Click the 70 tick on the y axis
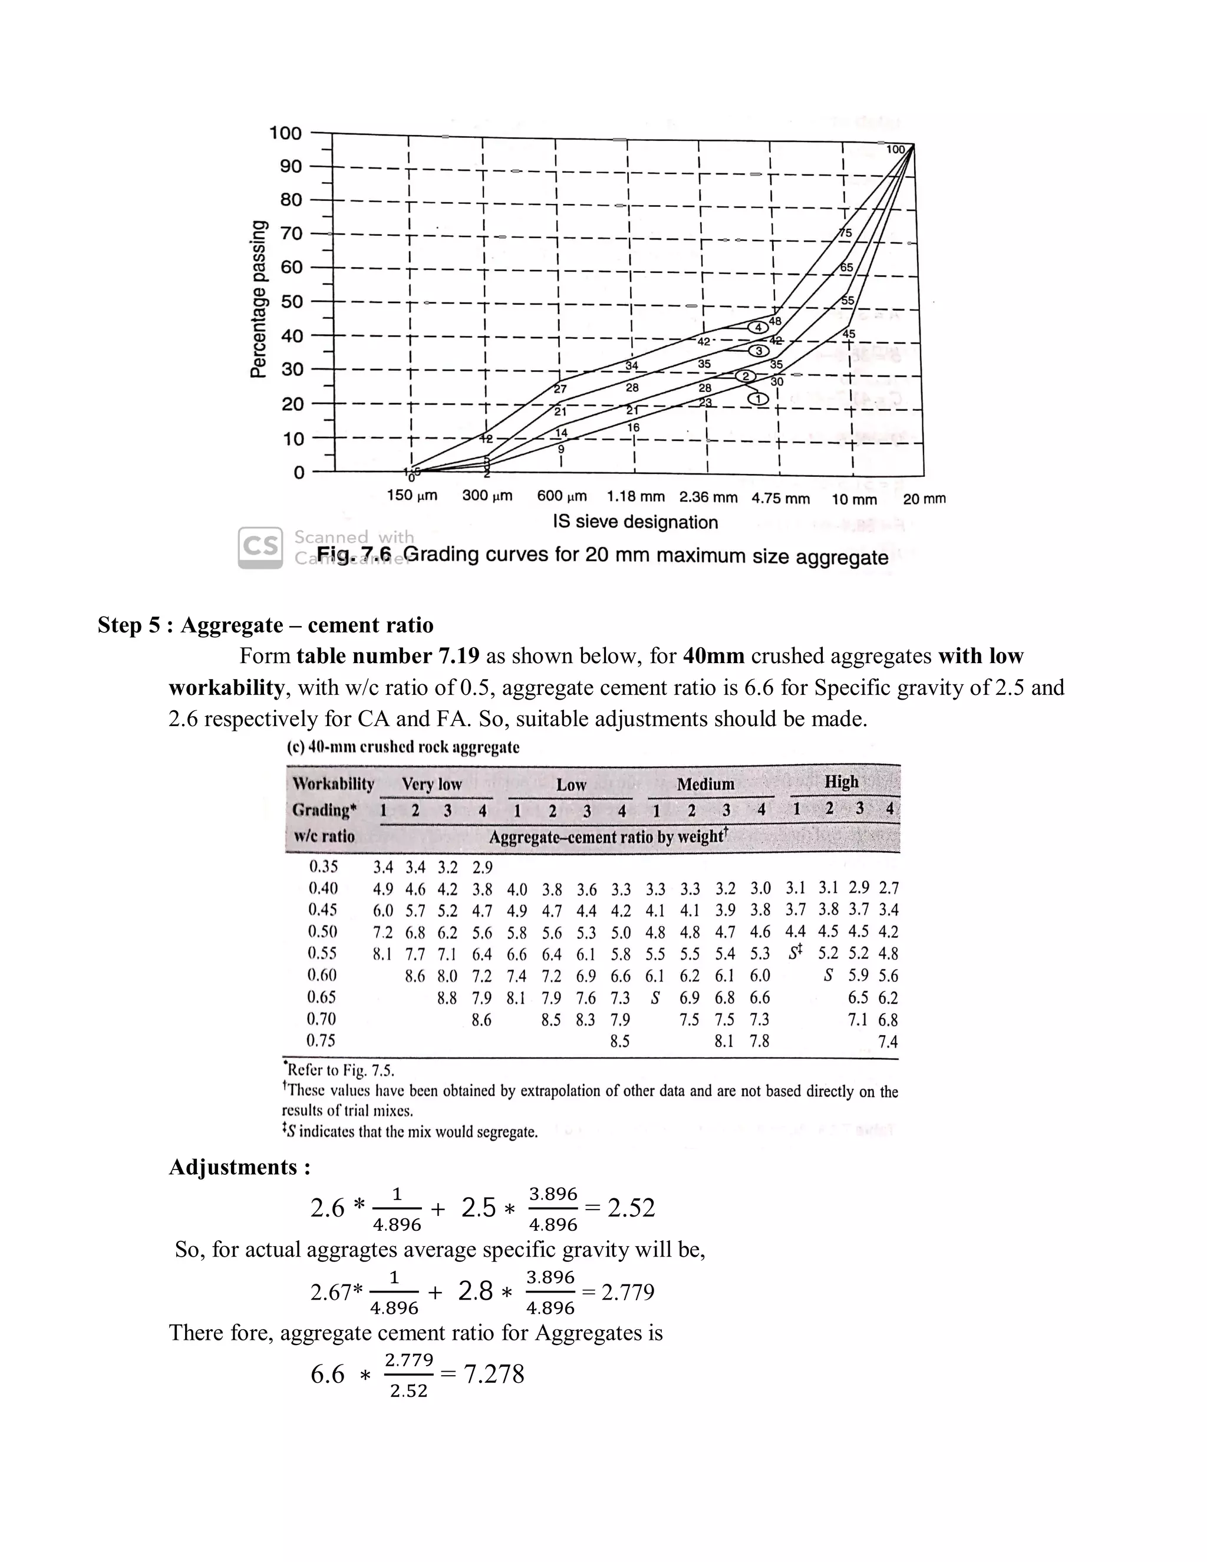[x=291, y=233]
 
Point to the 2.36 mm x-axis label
[x=708, y=496]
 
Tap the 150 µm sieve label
[x=412, y=495]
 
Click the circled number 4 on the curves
[x=759, y=327]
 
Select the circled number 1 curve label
[x=759, y=398]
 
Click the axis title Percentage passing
[x=258, y=298]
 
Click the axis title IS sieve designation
[x=634, y=522]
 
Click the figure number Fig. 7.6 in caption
[x=355, y=554]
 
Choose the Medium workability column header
[x=705, y=785]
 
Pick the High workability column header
[x=841, y=782]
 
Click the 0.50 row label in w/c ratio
[x=323, y=932]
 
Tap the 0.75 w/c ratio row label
[x=321, y=1040]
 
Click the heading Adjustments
[x=239, y=1167]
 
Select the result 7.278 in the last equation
[x=494, y=1374]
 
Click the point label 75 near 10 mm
[x=845, y=233]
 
